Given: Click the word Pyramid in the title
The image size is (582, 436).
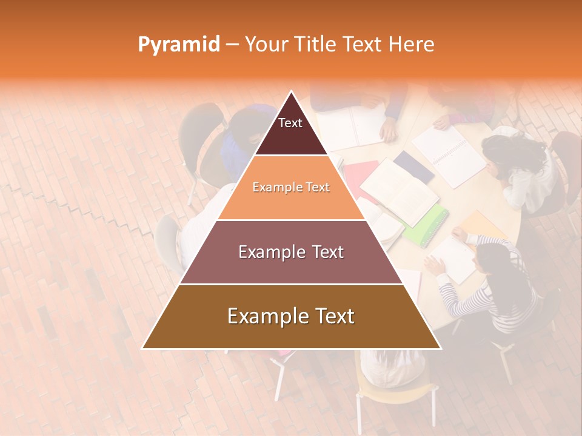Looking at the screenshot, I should (179, 45).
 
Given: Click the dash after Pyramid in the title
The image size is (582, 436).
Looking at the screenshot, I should (232, 45).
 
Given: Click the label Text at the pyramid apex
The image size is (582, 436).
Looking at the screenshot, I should (290, 123).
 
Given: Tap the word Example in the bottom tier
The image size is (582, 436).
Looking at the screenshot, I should (267, 316).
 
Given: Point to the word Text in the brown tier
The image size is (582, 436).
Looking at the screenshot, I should (334, 316).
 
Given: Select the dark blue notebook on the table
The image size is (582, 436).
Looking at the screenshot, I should (413, 166).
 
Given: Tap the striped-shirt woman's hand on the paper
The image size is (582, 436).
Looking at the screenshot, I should (434, 265).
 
